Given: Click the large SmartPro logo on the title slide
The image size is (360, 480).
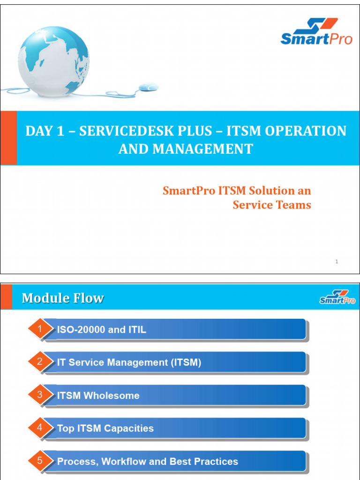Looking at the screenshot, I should [x=316, y=32].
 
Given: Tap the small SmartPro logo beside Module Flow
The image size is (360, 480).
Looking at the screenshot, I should [x=337, y=297].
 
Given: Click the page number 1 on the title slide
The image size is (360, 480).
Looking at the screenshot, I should [x=337, y=262].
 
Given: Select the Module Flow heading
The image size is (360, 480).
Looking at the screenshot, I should [x=63, y=298].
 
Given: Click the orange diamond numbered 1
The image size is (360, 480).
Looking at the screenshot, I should [x=40, y=329].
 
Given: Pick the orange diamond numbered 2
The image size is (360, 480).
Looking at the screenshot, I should [x=40, y=362].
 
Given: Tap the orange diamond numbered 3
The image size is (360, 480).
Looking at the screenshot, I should [x=40, y=395].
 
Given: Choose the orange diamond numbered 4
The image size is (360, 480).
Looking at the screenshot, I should [x=40, y=427].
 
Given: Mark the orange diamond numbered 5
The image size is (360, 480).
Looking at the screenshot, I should [x=40, y=461].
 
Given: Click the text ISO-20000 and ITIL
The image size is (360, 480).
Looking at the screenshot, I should [x=101, y=330].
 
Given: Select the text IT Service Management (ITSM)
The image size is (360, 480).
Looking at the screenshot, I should [x=129, y=362].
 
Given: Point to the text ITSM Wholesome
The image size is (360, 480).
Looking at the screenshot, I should [x=98, y=396].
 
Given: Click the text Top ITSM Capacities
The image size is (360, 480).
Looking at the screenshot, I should [x=105, y=428].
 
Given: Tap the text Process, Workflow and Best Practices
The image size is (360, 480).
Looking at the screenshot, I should [x=147, y=462].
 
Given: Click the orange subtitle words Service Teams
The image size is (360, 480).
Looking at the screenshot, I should [x=272, y=205].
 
